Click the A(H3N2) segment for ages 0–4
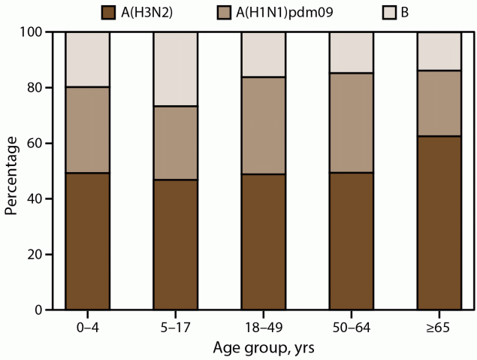point(88,241)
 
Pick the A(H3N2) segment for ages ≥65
point(439,222)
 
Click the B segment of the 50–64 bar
point(351,53)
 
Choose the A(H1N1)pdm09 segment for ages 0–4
point(88,130)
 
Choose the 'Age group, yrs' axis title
point(263,347)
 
